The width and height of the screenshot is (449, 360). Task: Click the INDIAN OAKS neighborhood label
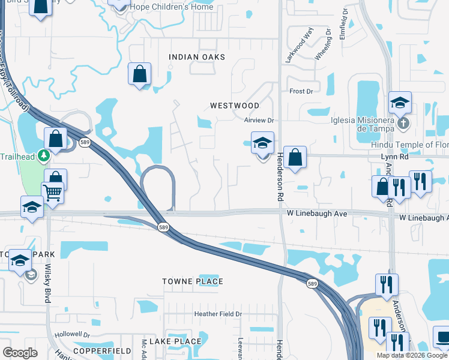(x=197, y=57)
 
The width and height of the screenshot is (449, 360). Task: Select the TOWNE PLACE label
(x=193, y=281)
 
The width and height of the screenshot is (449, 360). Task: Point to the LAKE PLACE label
(x=175, y=341)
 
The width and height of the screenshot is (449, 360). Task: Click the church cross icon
(x=403, y=124)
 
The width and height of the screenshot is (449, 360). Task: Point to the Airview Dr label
(x=259, y=120)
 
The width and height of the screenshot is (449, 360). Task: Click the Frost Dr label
(x=301, y=91)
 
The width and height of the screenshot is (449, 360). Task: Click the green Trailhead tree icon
(x=43, y=156)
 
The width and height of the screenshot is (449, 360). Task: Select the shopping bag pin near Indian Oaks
(x=139, y=74)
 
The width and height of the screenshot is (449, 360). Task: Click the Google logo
(x=20, y=353)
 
